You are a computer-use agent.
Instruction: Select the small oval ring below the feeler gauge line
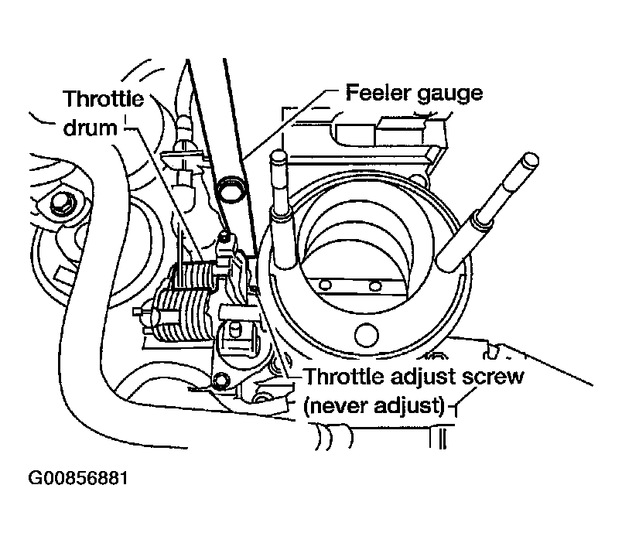coord(229,187)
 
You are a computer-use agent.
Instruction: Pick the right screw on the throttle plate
coord(375,287)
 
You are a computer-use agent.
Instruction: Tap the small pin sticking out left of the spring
coord(142,313)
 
